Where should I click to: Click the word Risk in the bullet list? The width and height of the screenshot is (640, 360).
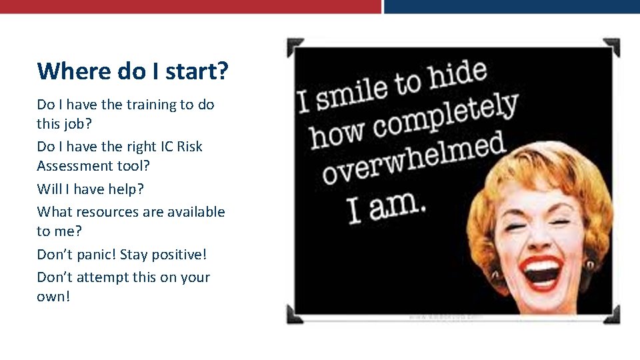coord(189,147)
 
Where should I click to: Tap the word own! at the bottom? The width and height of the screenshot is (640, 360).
coord(53,296)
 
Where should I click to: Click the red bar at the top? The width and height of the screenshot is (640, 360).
coord(190,6)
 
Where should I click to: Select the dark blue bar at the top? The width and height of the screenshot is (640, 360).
coord(512,6)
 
